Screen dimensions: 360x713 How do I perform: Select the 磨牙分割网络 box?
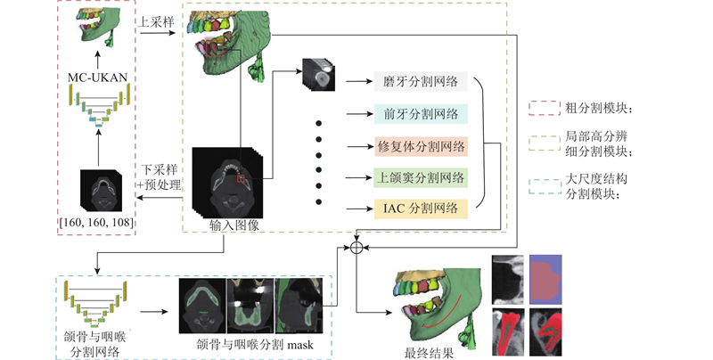click(x=420, y=81)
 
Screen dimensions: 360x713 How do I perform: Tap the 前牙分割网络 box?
click(x=420, y=113)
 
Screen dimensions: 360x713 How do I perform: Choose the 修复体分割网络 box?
click(x=420, y=145)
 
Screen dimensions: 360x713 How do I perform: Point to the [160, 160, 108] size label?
click(x=96, y=218)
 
